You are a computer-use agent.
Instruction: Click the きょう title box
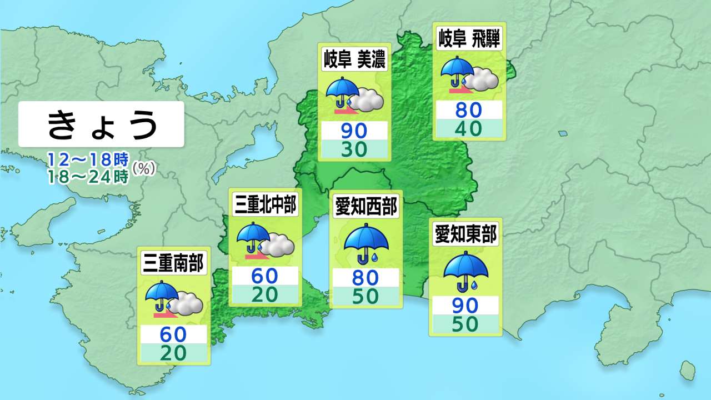[x=101, y=124]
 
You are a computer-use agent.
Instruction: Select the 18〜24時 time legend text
[x=88, y=176]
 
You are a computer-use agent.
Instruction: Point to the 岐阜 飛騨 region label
[x=469, y=40]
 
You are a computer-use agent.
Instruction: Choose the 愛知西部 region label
[x=366, y=207]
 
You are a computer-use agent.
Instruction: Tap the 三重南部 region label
[x=174, y=263]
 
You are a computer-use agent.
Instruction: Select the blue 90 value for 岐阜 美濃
[x=354, y=131]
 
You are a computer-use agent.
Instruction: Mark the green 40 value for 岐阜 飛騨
[x=469, y=128]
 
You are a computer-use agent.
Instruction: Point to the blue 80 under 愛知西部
[x=365, y=277]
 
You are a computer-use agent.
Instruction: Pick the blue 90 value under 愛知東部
[x=465, y=306]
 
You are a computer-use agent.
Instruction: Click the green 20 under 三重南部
[x=174, y=352]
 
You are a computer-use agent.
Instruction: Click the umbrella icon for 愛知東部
[x=465, y=271]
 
